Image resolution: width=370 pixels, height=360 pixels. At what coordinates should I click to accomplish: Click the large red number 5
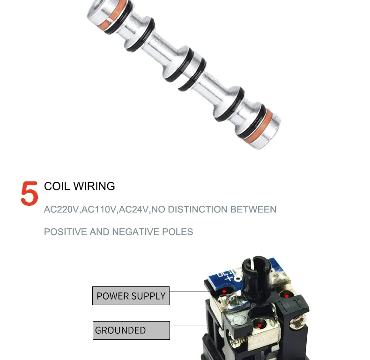click(x=30, y=193)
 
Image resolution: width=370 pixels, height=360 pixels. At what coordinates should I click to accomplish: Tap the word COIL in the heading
click(x=57, y=186)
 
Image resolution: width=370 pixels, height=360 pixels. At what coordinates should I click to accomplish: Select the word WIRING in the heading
click(x=94, y=186)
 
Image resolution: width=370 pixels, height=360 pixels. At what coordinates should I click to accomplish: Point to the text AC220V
click(x=61, y=210)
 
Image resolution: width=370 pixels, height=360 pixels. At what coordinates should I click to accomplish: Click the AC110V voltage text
click(x=99, y=210)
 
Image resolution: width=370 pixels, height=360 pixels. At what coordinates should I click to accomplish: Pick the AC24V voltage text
click(x=133, y=210)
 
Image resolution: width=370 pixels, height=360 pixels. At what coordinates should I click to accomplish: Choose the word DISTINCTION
click(x=198, y=209)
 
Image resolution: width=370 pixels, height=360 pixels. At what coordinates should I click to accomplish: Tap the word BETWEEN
click(x=253, y=209)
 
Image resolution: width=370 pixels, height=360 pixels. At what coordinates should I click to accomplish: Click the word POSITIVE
click(x=65, y=232)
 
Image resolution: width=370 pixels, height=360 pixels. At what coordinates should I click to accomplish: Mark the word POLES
click(x=178, y=232)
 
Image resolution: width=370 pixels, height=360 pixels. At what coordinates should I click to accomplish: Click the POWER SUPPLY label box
click(x=131, y=296)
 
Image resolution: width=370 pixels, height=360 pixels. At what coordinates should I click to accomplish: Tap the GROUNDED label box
click(x=131, y=330)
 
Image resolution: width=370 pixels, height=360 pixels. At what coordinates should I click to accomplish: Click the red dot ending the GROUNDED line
click(x=259, y=325)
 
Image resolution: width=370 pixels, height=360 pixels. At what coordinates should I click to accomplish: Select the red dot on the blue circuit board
click(x=224, y=291)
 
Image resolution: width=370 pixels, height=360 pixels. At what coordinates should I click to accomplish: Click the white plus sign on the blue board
click(x=229, y=279)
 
